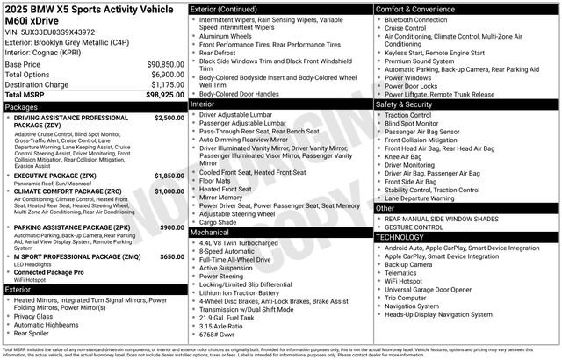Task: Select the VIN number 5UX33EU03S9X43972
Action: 58,31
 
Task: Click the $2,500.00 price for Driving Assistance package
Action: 169,118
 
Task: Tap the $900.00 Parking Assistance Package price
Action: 171,227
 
